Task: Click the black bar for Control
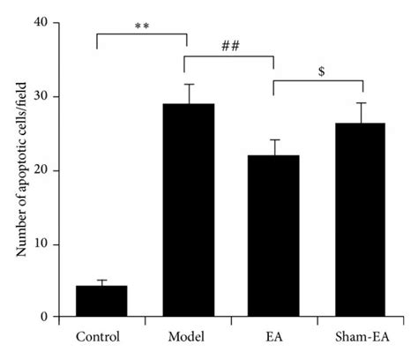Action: [x=101, y=301]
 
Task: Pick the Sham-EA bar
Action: [x=361, y=220]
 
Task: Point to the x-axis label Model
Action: [x=188, y=336]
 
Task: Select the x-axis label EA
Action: [x=274, y=336]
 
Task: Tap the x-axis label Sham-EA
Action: [x=361, y=336]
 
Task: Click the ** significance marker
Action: [x=141, y=26]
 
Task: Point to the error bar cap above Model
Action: [x=188, y=85]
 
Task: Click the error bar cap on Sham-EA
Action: [x=361, y=103]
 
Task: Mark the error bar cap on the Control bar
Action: [x=101, y=281]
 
